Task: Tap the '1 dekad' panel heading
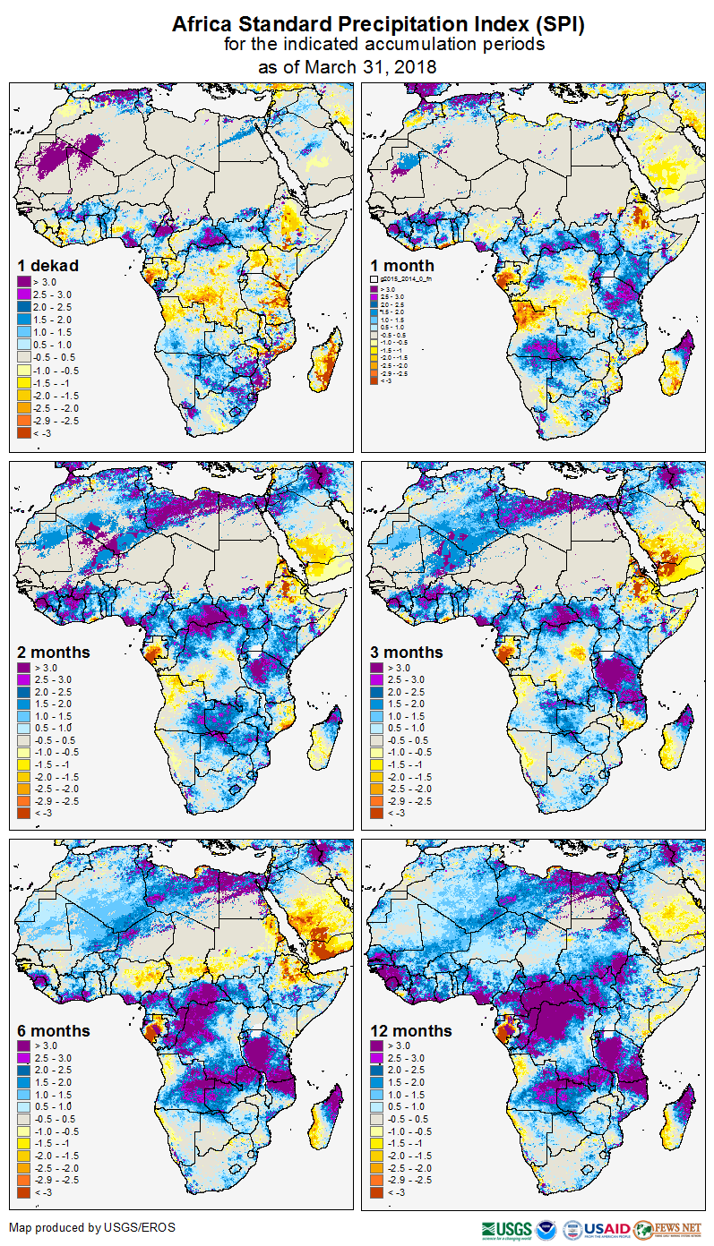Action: coord(48,265)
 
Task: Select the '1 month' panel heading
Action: coord(401,265)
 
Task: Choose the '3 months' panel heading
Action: coord(407,652)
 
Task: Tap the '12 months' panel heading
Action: coord(411,1030)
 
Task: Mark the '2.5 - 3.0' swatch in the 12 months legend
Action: coord(379,1058)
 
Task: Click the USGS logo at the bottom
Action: coord(506,1229)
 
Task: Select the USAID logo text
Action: coord(606,1229)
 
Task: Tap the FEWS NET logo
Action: coord(667,1229)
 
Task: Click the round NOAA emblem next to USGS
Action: coord(549,1229)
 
